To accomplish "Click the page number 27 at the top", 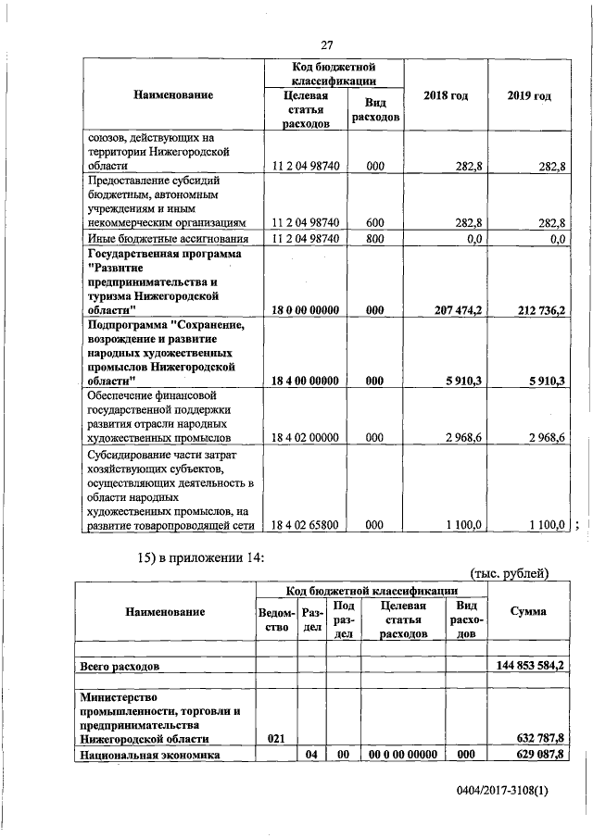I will [326, 46].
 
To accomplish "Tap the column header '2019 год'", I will [531, 95].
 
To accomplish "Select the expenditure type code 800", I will [375, 239].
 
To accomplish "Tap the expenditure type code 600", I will [375, 222].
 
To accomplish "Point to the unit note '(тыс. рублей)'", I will [510, 574].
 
